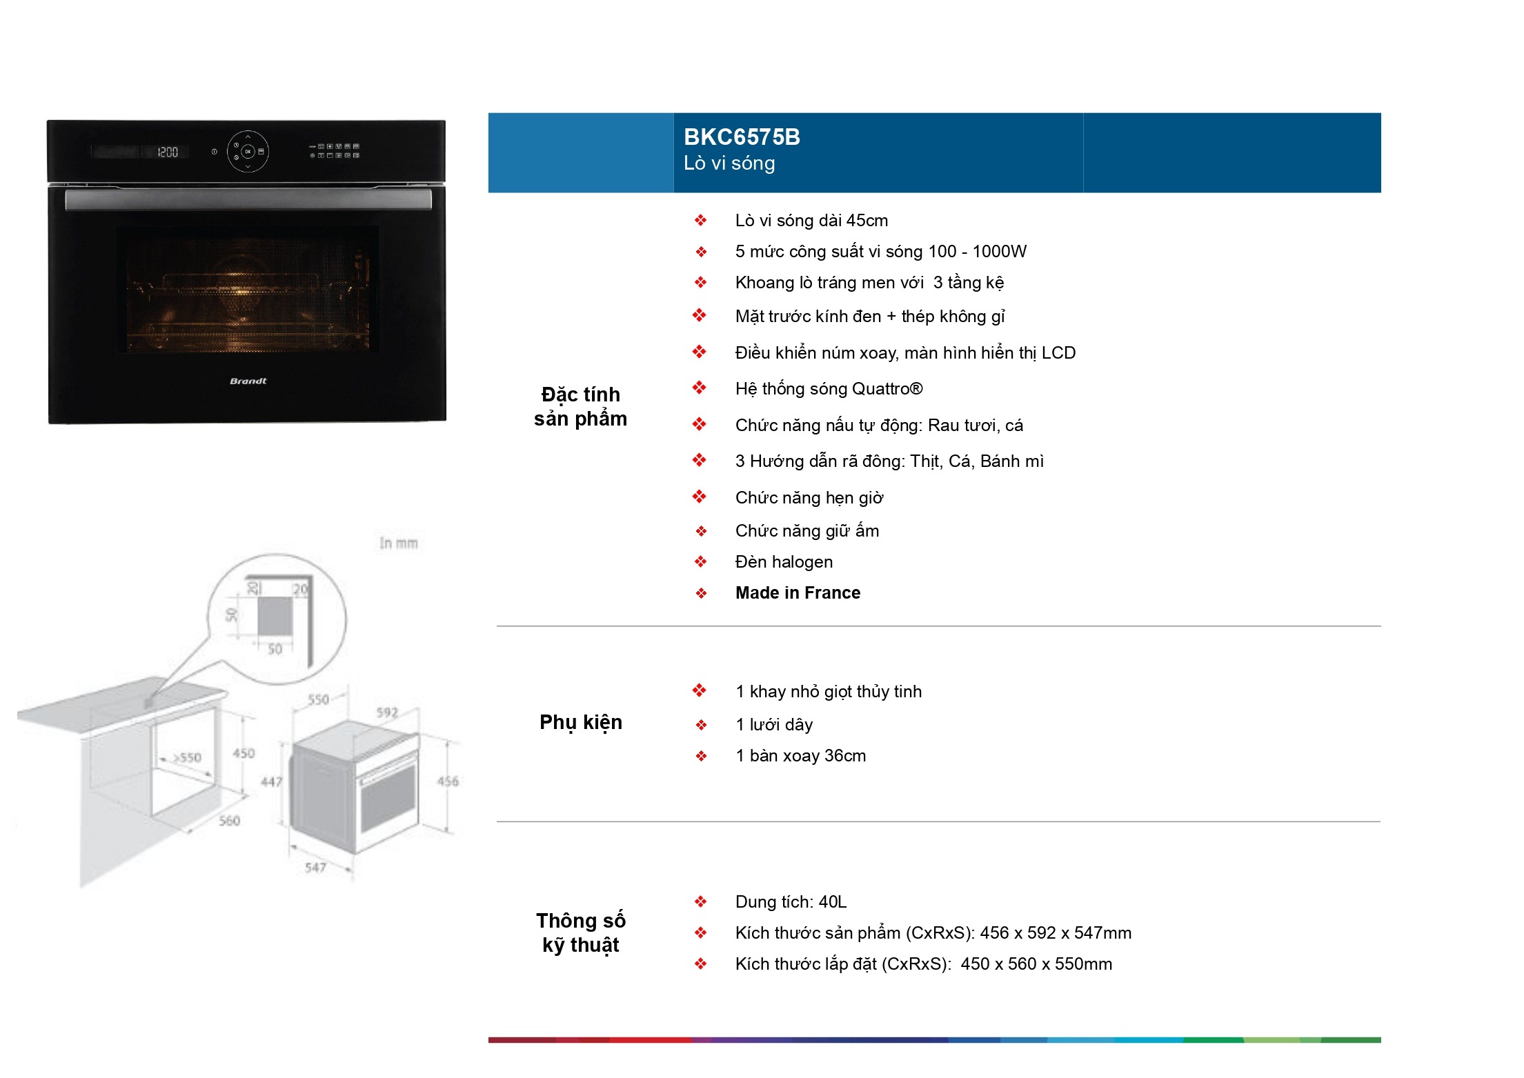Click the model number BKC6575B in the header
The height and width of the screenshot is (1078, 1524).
click(742, 137)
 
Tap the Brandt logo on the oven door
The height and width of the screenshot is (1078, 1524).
click(248, 381)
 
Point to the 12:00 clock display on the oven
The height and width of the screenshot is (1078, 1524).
click(168, 152)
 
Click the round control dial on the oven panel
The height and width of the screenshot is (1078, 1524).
click(248, 151)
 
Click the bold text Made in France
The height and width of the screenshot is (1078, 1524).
click(798, 592)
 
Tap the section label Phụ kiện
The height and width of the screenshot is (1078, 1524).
click(581, 723)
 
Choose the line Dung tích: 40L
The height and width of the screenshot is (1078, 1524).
click(791, 901)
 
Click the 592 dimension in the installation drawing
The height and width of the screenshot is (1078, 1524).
click(387, 712)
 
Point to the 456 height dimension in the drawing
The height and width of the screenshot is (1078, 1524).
click(448, 781)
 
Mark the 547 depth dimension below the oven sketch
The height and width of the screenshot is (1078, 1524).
click(315, 867)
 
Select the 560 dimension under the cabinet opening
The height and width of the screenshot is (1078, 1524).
click(229, 821)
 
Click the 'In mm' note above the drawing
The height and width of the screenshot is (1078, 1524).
click(399, 543)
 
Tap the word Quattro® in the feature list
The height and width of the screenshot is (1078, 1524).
click(887, 389)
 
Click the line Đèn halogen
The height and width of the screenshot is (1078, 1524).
click(784, 562)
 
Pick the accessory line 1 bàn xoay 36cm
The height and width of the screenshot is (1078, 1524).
click(800, 756)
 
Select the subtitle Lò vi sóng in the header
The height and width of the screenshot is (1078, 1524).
click(729, 163)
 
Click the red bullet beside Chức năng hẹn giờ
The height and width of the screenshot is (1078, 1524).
click(700, 497)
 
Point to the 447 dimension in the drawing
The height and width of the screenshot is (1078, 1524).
click(271, 781)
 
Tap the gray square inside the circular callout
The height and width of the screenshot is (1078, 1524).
click(275, 617)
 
